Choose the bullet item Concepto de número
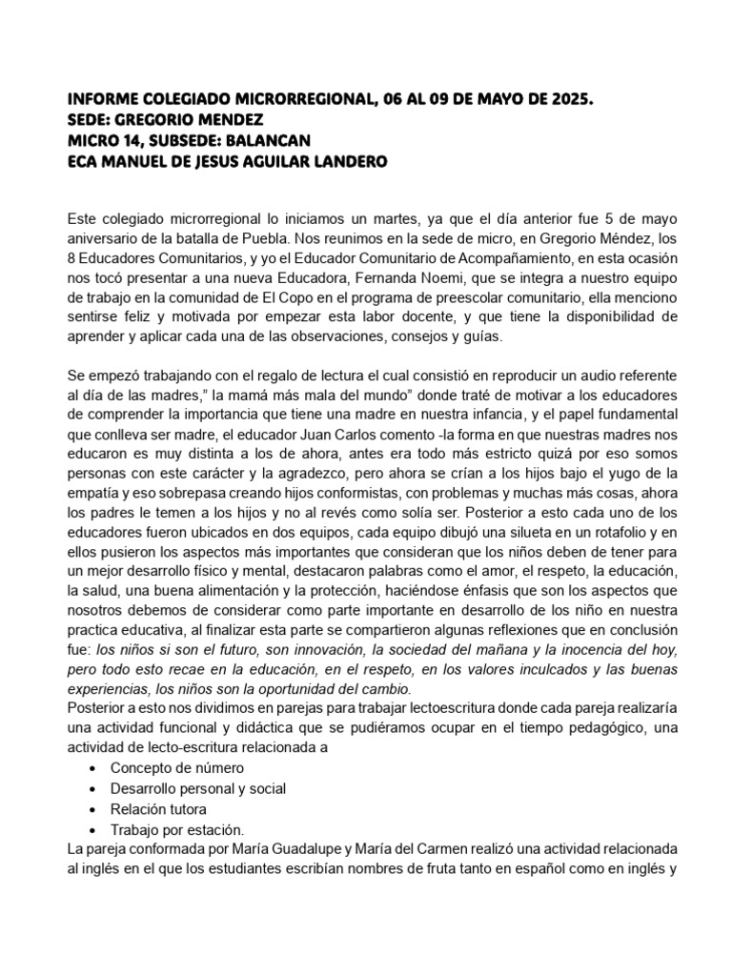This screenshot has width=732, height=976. point(177,768)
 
